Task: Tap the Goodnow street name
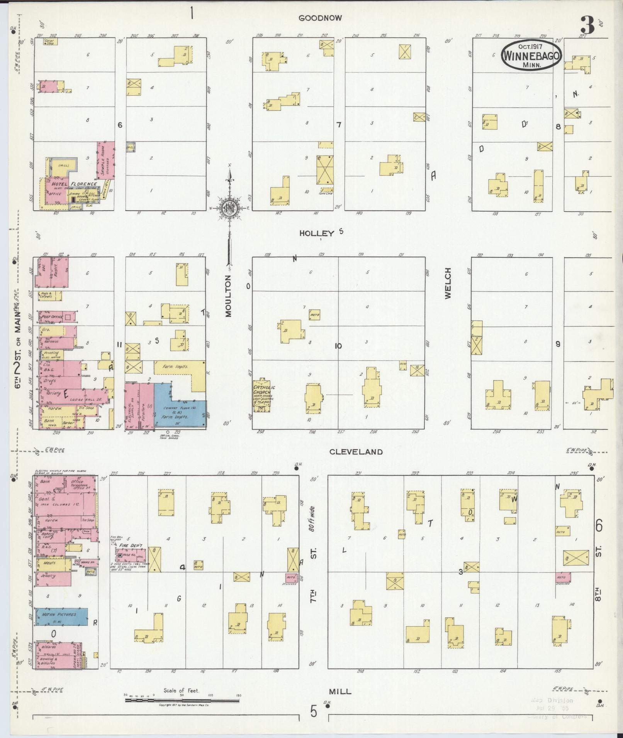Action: [320, 18]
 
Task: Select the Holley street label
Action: [317, 233]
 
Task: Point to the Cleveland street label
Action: [356, 452]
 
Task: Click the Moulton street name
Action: [229, 296]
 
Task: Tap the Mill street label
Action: [340, 691]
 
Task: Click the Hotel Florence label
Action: [73, 184]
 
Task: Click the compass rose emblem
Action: [230, 209]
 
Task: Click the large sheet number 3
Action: [587, 25]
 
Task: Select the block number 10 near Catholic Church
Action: [338, 346]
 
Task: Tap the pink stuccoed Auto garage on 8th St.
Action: [563, 578]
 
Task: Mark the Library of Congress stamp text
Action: [557, 716]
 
